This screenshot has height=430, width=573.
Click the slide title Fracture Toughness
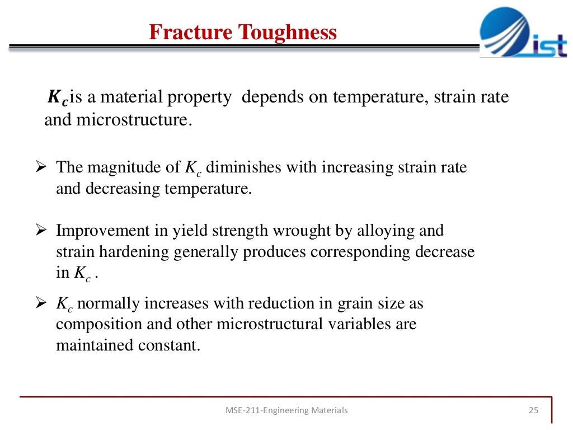tap(243, 32)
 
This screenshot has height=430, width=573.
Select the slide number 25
tap(533, 410)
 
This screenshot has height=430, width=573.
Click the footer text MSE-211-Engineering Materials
tap(286, 410)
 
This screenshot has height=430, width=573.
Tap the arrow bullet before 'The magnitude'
tap(40, 167)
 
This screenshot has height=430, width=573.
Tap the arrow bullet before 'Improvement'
tap(40, 230)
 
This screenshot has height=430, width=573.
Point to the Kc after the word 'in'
tap(81, 273)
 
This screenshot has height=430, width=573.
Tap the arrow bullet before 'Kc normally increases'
tap(40, 304)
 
